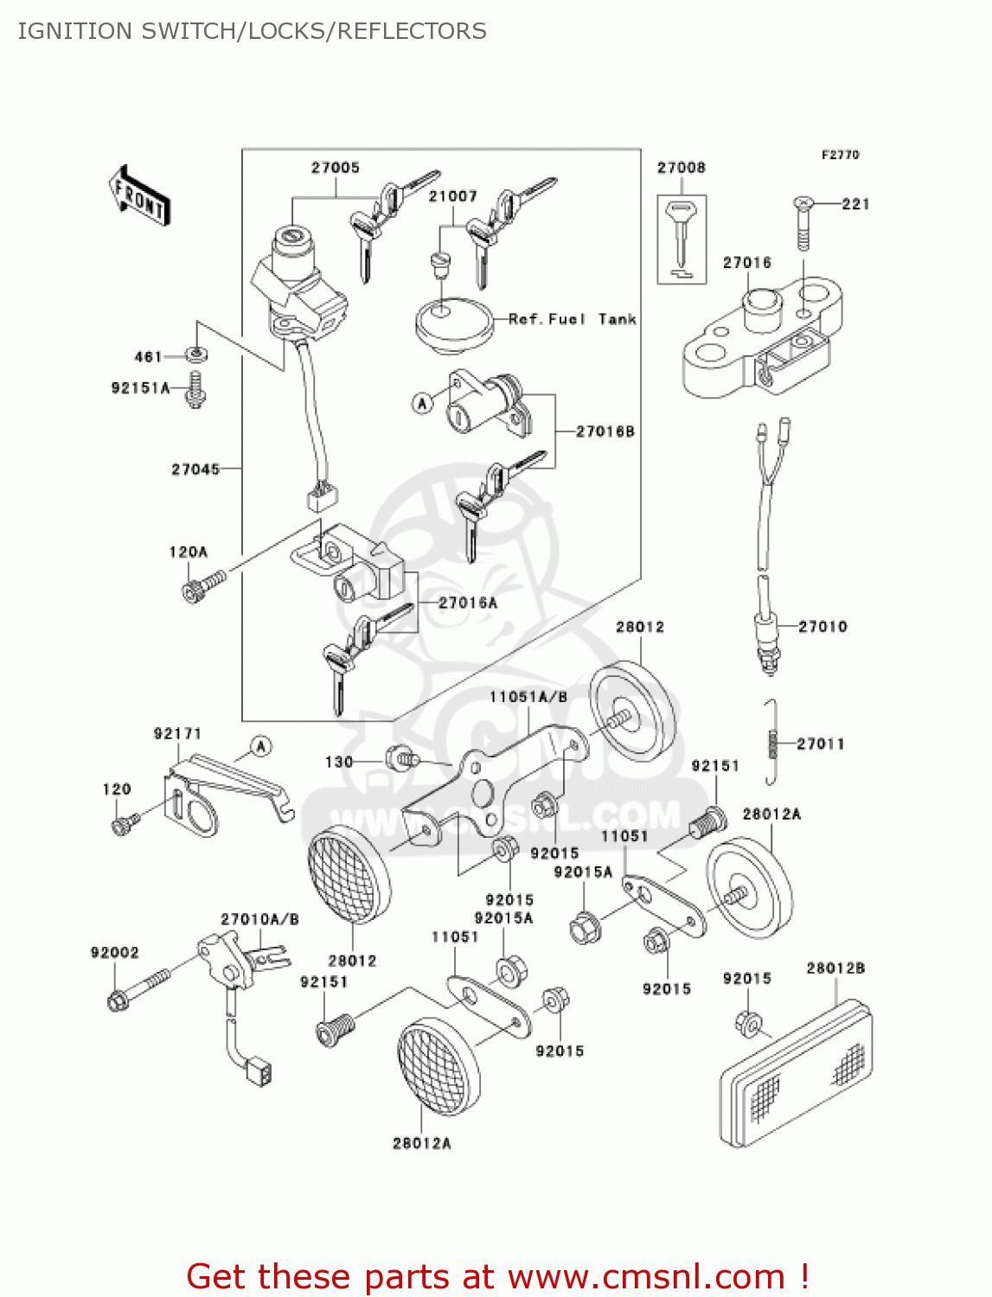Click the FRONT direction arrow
click(x=139, y=196)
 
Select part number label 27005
click(x=335, y=168)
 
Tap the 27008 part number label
click(x=681, y=168)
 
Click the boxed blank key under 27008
click(x=682, y=238)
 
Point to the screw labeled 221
click(x=803, y=223)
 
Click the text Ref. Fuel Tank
click(x=572, y=319)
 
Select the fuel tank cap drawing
click(x=453, y=324)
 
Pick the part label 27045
click(x=195, y=470)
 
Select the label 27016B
click(x=605, y=431)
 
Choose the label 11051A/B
click(x=528, y=697)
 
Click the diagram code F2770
click(x=840, y=155)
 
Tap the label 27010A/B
click(x=259, y=919)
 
